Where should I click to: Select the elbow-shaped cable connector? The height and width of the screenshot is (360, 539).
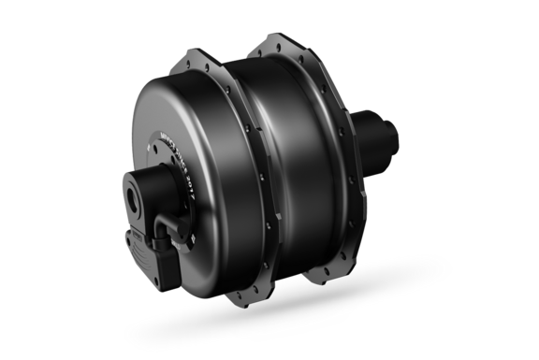point(168,229)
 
